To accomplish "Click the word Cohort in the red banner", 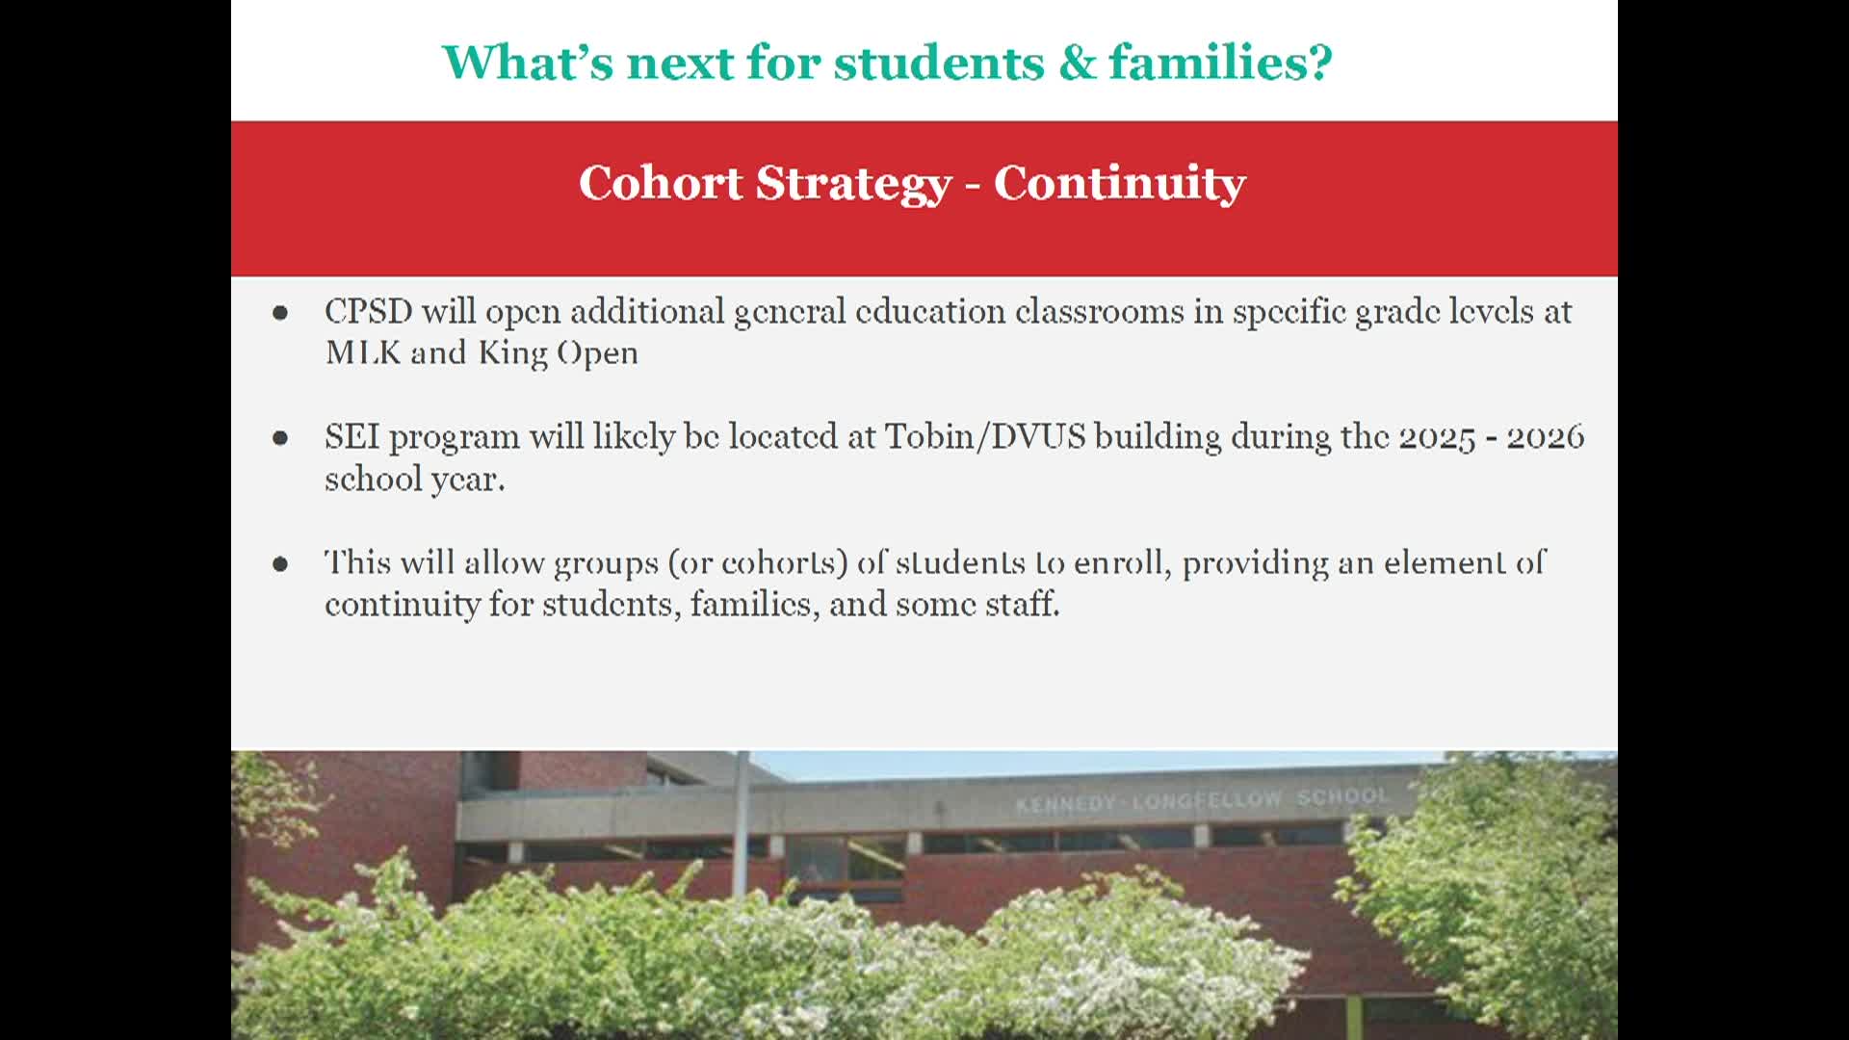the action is [661, 183].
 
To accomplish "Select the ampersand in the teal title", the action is [1077, 63].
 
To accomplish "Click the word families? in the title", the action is [1221, 62].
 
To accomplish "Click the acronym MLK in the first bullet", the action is [363, 352].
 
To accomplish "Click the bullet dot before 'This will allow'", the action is [280, 563].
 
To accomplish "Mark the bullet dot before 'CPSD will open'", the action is [280, 312].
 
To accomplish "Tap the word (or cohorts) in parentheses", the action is [758, 563].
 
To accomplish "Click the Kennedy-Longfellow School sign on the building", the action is [1203, 799].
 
